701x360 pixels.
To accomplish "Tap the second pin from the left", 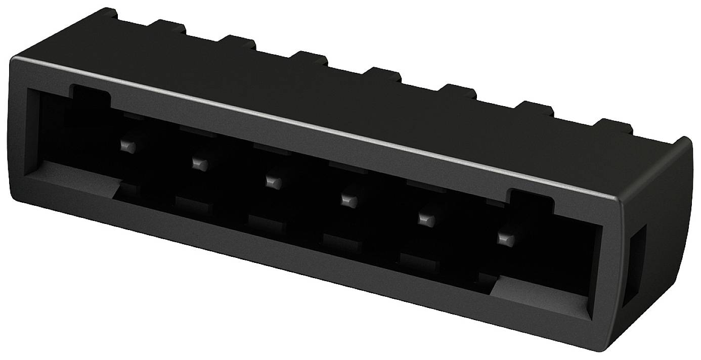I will pyautogui.click(x=199, y=163).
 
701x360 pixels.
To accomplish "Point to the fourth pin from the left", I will pyautogui.click(x=348, y=200).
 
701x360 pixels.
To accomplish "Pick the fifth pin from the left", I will pyautogui.click(x=426, y=219).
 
